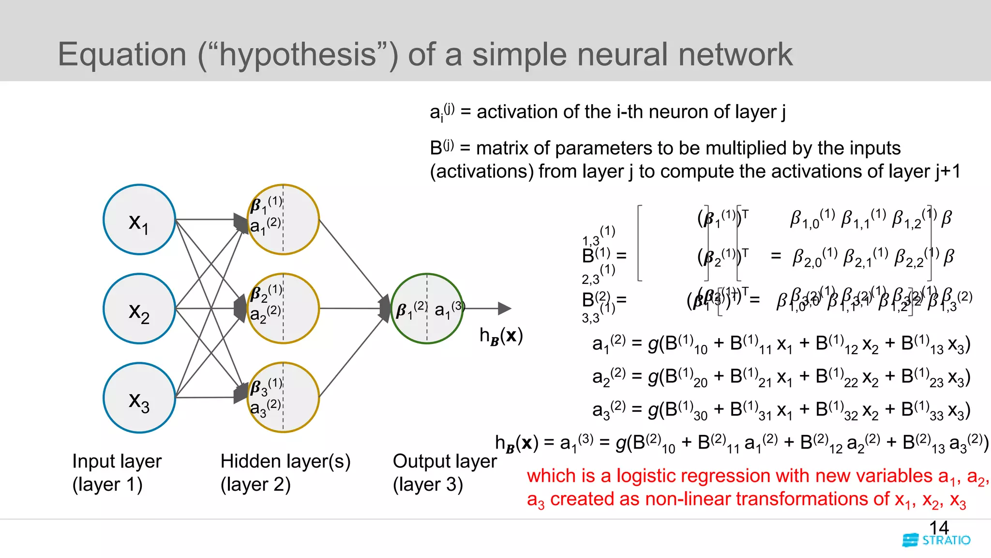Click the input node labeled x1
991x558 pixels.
[139, 219]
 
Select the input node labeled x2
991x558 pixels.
[139, 309]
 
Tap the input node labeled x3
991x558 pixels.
[139, 398]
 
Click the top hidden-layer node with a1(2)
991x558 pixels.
[283, 219]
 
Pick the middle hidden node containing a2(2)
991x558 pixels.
[283, 309]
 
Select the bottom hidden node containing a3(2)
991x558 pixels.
[283, 398]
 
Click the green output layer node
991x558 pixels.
[427, 309]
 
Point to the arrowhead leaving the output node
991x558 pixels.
[504, 308]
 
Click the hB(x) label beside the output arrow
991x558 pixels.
[501, 335]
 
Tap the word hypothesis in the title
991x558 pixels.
[297, 54]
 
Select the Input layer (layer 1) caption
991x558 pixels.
[117, 472]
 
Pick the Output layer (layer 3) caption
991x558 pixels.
[444, 472]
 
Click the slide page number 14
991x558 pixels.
[939, 527]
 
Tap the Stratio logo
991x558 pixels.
[936, 541]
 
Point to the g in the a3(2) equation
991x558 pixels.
[653, 410]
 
